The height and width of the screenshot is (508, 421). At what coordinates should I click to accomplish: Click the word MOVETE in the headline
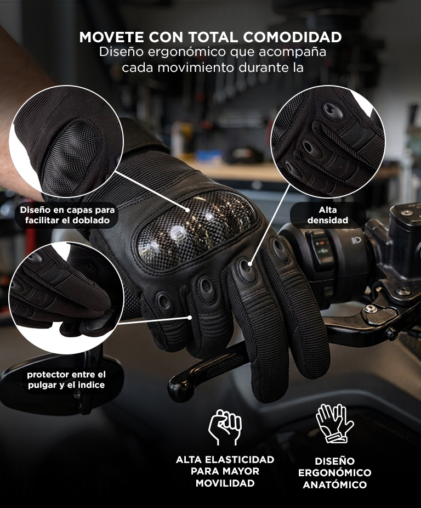coord(112,37)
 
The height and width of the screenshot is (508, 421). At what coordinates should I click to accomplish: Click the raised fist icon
coord(225,427)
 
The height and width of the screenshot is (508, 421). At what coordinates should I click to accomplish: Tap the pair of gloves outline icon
coord(334,423)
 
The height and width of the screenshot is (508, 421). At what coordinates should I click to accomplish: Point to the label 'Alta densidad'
coord(328,215)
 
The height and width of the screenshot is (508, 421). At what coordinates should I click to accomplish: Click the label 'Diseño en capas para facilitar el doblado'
coord(67,215)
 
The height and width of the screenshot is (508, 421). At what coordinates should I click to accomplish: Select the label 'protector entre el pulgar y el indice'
coord(66,380)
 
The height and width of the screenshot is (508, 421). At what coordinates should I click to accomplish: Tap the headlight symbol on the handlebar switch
coord(356,240)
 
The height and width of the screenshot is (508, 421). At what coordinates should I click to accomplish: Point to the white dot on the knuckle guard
coord(187,210)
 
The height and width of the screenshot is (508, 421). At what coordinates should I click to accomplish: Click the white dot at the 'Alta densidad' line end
coord(250,264)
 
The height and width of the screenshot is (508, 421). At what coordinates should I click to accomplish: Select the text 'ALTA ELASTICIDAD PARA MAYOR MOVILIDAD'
coord(225,471)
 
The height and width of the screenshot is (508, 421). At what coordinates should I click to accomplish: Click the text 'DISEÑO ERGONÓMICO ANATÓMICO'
coord(334,473)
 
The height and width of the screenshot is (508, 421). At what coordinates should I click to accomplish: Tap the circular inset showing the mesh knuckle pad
coord(66,142)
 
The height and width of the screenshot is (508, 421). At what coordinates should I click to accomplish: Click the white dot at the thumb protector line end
coord(190,318)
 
